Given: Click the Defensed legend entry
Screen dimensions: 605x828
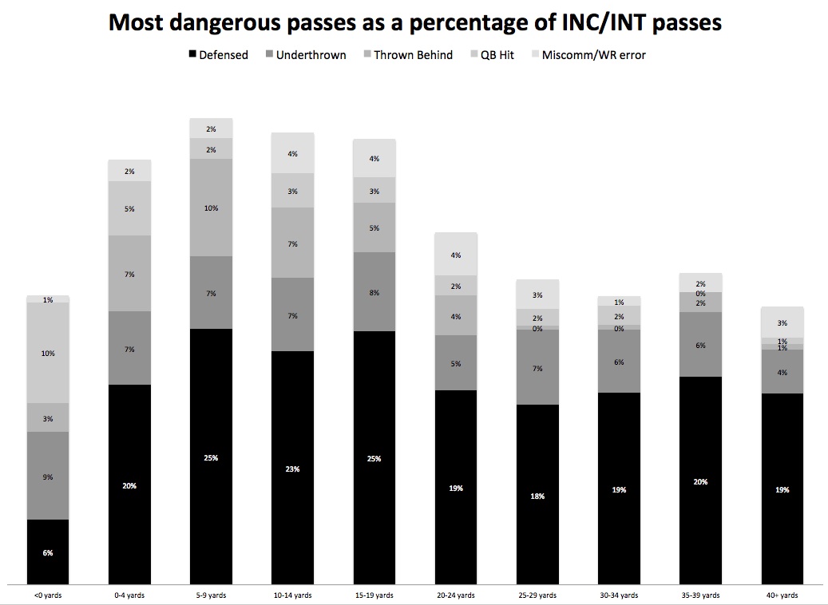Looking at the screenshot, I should point(219,55).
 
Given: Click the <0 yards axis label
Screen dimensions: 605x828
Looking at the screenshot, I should point(47,595).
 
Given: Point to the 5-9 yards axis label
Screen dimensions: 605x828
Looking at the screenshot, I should point(211,595).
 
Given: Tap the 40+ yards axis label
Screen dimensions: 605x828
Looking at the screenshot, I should point(782,595).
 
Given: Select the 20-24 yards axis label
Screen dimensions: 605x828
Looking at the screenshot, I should point(456,595).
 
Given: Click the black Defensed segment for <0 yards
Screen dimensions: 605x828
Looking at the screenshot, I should point(48,552).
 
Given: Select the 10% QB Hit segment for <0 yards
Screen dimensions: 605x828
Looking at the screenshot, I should point(48,353).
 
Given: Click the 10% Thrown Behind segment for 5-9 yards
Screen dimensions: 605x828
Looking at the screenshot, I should point(211,208).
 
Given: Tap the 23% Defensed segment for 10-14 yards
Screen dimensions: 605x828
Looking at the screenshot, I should point(292,468).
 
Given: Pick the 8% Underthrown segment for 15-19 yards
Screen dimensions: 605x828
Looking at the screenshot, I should point(374,292).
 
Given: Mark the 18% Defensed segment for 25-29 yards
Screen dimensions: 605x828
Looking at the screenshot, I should point(537,495).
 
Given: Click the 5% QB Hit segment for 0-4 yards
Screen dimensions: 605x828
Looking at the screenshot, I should point(129,208).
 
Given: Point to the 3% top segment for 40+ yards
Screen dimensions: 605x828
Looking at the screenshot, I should point(782,322).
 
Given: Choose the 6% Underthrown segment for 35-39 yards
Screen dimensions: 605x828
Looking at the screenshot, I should point(700,345).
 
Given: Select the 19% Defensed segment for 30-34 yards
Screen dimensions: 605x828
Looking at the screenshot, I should point(619,488).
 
